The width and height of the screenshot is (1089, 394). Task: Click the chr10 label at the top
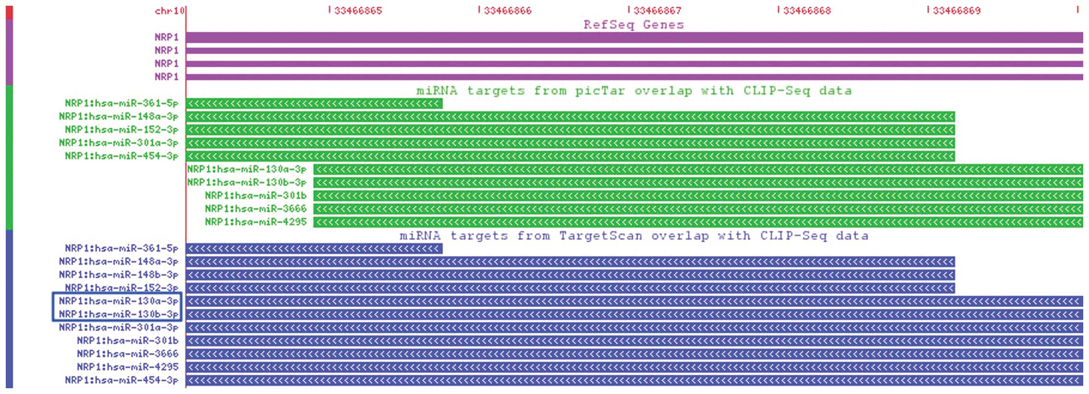pyautogui.click(x=169, y=11)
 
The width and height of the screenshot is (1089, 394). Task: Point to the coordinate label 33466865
pyautogui.click(x=358, y=11)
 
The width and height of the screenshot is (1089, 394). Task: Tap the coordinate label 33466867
pyautogui.click(x=657, y=11)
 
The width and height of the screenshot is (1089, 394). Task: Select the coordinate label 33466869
pyautogui.click(x=956, y=11)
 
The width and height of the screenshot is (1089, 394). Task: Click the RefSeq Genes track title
pyautogui.click(x=633, y=25)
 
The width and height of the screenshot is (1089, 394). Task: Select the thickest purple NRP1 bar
pyautogui.click(x=634, y=37)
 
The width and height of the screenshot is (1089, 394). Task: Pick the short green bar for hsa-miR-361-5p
pyautogui.click(x=314, y=103)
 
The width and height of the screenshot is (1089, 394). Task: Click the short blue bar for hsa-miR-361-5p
pyautogui.click(x=314, y=248)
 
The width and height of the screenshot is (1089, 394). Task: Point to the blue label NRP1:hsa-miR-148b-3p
pyautogui.click(x=118, y=275)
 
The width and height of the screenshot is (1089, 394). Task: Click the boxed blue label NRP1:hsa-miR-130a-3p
pyautogui.click(x=118, y=301)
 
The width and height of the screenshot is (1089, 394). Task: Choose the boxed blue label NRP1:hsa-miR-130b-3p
pyautogui.click(x=118, y=314)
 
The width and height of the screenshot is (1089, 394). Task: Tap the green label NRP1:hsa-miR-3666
pyautogui.click(x=255, y=209)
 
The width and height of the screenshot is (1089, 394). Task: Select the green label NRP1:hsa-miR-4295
pyautogui.click(x=255, y=222)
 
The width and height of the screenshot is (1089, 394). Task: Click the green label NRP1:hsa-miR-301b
pyautogui.click(x=255, y=196)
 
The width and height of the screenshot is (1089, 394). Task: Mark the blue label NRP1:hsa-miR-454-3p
pyautogui.click(x=121, y=380)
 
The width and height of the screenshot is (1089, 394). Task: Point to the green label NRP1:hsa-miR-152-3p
pyautogui.click(x=121, y=130)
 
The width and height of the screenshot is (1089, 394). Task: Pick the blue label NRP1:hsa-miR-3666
pyautogui.click(x=127, y=354)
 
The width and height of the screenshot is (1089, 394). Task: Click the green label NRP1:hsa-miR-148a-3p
pyautogui.click(x=118, y=116)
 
